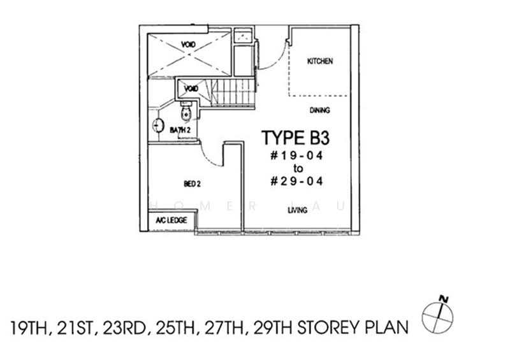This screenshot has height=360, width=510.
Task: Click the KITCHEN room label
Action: pyautogui.click(x=320, y=62)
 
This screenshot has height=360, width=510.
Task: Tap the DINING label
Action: pyautogui.click(x=320, y=110)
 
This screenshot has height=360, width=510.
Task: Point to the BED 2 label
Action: pyautogui.click(x=192, y=184)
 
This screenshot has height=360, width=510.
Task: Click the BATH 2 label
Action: pyautogui.click(x=180, y=130)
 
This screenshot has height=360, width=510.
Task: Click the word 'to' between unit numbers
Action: pyautogui.click(x=296, y=168)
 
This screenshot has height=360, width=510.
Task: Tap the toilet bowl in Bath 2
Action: pyautogui.click(x=186, y=113)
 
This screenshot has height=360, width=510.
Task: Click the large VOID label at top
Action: pyautogui.click(x=188, y=44)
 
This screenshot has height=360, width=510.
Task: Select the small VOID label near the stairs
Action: pyautogui.click(x=190, y=89)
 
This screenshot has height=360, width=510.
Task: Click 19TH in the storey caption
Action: pyautogui.click(x=31, y=328)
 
